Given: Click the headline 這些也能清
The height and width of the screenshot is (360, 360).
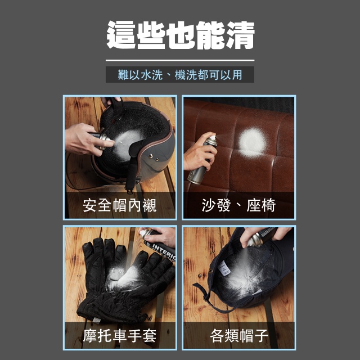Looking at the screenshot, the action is pos(180,35).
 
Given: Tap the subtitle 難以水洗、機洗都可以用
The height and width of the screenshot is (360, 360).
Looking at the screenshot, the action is pos(180,75).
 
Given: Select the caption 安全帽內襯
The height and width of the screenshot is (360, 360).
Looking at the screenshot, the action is pos(120,205).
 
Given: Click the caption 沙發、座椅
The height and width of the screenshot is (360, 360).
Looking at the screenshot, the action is pos(238,205).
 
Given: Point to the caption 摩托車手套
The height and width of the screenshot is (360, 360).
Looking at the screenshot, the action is pos(120,335).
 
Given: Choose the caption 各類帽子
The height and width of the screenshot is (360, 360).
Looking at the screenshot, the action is pos(239,335).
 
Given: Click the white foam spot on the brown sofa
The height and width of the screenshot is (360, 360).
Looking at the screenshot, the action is pos(252,142).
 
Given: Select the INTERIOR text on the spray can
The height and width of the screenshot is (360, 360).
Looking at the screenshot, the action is pos(164,251).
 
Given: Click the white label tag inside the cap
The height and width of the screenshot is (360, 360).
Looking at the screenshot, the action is pos(224,268).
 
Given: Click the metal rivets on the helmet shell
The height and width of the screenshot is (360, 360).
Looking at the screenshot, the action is pos(154,157).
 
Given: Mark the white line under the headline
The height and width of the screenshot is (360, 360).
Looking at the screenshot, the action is pos(180,60).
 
